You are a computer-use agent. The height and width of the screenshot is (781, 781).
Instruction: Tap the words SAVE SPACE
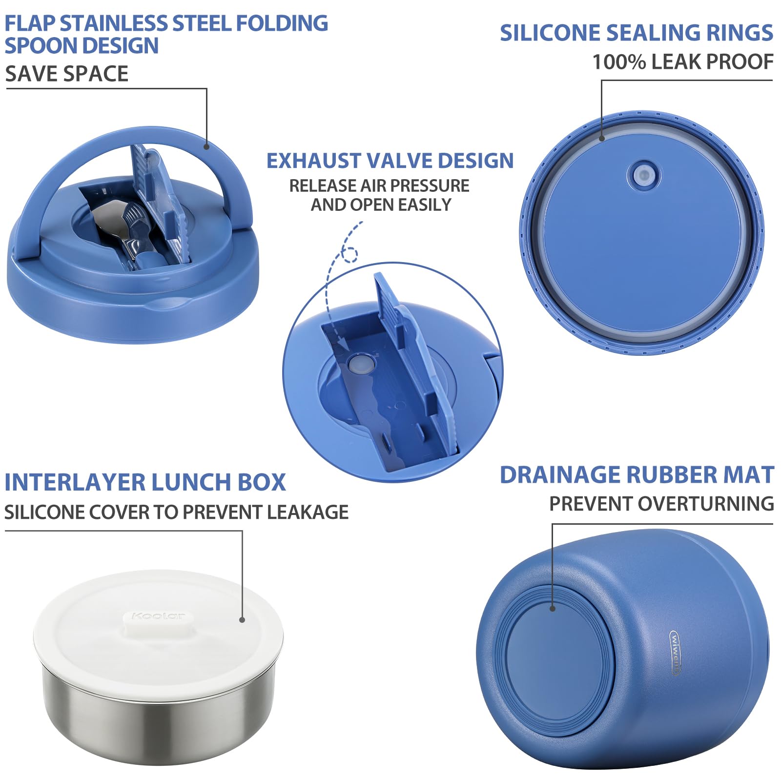(67, 74)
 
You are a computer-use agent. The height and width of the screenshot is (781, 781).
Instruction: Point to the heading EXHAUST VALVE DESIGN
(390, 161)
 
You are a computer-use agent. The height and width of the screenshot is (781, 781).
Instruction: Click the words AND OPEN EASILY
(381, 205)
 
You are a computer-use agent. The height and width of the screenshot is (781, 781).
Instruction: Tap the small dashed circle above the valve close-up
(349, 254)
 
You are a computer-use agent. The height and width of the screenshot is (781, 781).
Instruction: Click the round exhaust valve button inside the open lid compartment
(362, 364)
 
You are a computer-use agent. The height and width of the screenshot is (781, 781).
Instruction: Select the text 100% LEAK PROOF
(682, 62)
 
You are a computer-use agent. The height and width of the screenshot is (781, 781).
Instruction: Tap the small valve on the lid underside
(644, 175)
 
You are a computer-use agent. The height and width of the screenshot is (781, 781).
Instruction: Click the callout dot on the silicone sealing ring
(602, 139)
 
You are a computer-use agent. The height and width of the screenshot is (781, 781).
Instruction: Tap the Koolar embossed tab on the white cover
(158, 617)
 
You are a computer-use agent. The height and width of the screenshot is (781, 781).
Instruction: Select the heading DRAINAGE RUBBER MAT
(637, 475)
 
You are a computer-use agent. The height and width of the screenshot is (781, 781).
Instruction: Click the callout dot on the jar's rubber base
(553, 608)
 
